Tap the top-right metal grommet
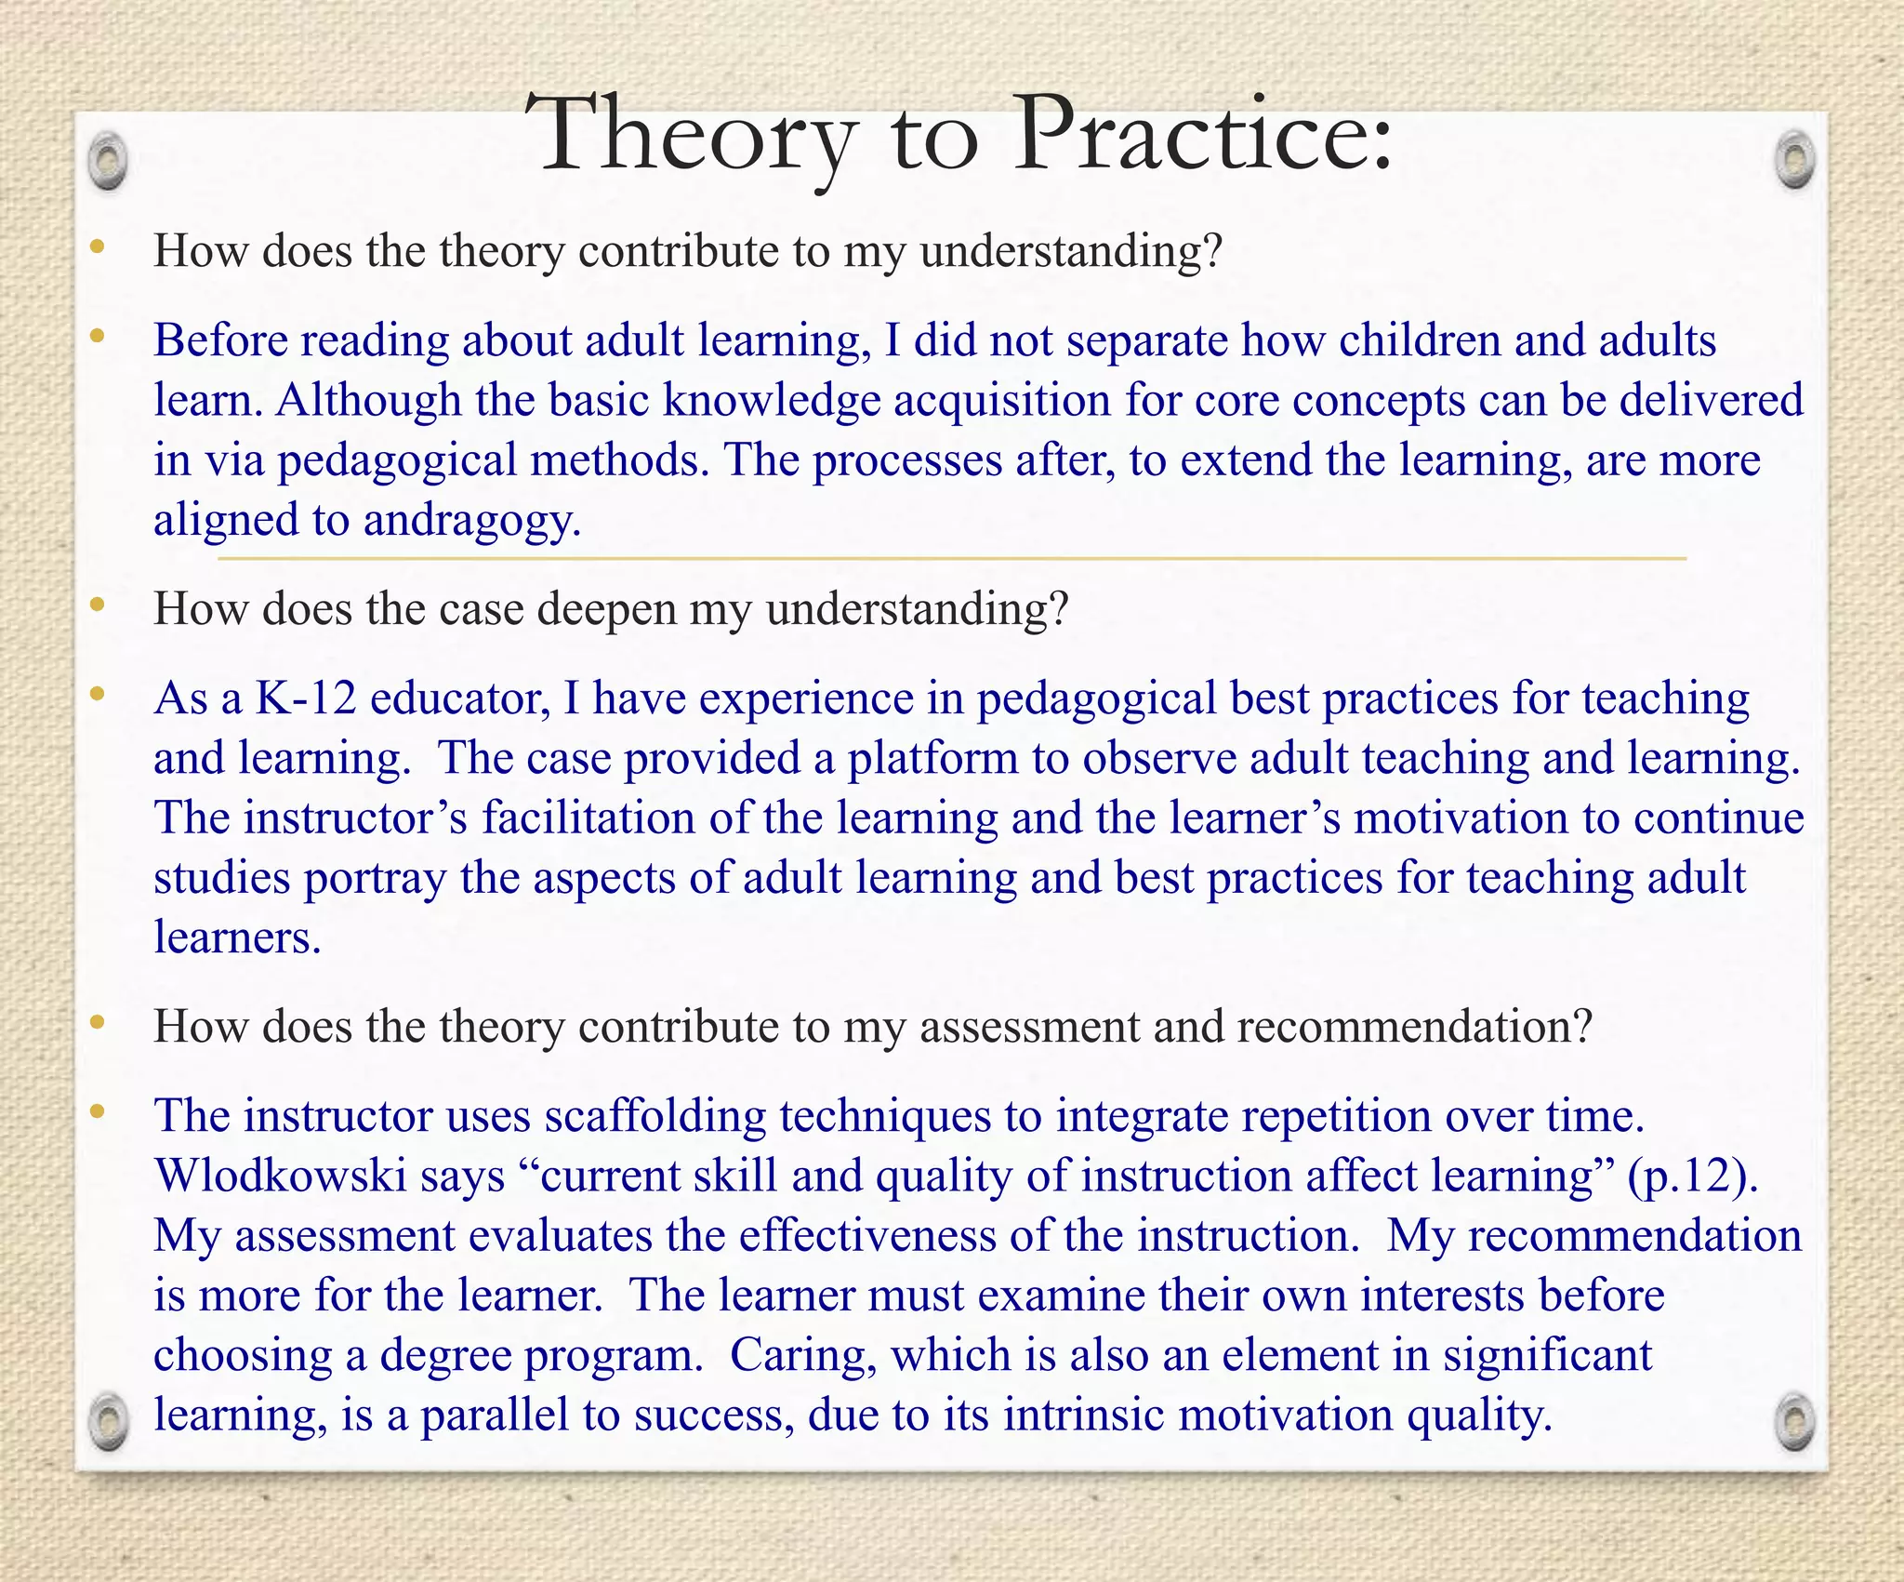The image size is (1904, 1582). pos(1794,160)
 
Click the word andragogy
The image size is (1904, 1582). pos(472,520)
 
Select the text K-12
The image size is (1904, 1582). pos(306,698)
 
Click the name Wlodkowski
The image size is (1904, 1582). pos(281,1176)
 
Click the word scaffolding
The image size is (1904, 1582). pos(655,1116)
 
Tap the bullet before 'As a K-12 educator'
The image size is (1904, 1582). pos(98,695)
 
